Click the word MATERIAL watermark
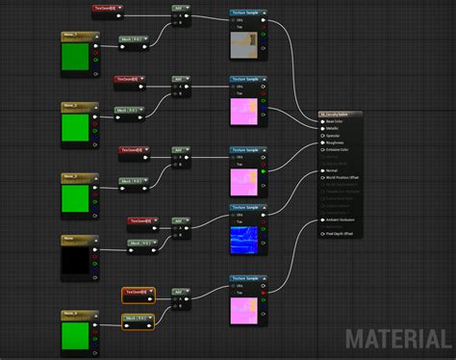click(x=397, y=339)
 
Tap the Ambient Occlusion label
click(x=343, y=219)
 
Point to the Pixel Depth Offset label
click(x=342, y=233)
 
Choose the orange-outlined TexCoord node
click(x=140, y=291)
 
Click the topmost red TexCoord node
click(x=108, y=9)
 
